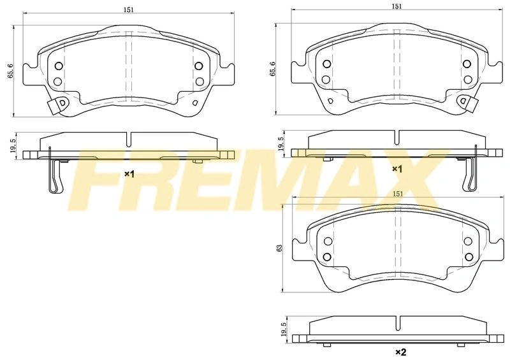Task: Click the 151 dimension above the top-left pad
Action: (129, 10)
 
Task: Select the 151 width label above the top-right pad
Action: (397, 6)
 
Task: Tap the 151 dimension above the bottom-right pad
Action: (398, 194)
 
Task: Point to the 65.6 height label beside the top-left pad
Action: (11, 70)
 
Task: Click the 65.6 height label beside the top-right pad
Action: (272, 69)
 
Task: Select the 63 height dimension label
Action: (279, 248)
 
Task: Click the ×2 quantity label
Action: (401, 352)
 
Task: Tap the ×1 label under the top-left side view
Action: (129, 175)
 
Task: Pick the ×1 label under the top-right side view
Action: (397, 169)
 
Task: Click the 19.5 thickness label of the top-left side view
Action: (13, 146)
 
